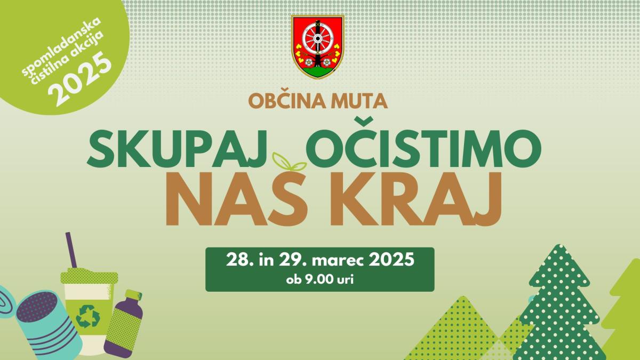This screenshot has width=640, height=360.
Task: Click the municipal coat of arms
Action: point(318,47)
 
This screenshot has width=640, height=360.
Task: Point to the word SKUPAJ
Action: point(177,149)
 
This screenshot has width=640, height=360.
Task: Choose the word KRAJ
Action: point(416,198)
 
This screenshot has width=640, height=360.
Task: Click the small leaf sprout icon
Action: point(289,162)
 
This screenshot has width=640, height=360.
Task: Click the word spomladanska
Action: point(62,46)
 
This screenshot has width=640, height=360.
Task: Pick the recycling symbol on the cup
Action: point(87,316)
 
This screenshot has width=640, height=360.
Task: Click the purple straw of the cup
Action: point(71,250)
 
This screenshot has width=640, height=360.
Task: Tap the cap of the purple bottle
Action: point(133,295)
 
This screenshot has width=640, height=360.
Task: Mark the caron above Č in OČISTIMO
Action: point(363,122)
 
